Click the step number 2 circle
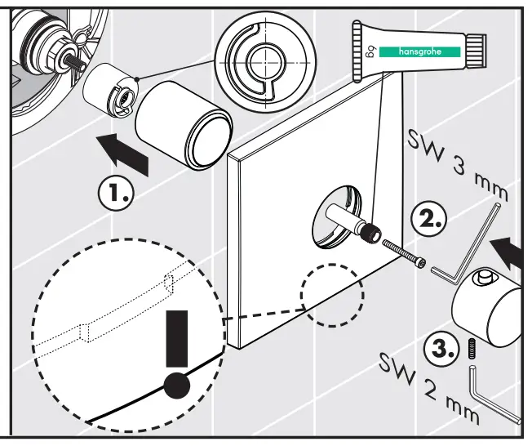point(428,218)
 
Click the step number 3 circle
point(442,350)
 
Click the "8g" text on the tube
point(381,57)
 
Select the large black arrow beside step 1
point(124,154)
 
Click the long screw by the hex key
point(401,252)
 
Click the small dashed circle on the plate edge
point(331,294)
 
